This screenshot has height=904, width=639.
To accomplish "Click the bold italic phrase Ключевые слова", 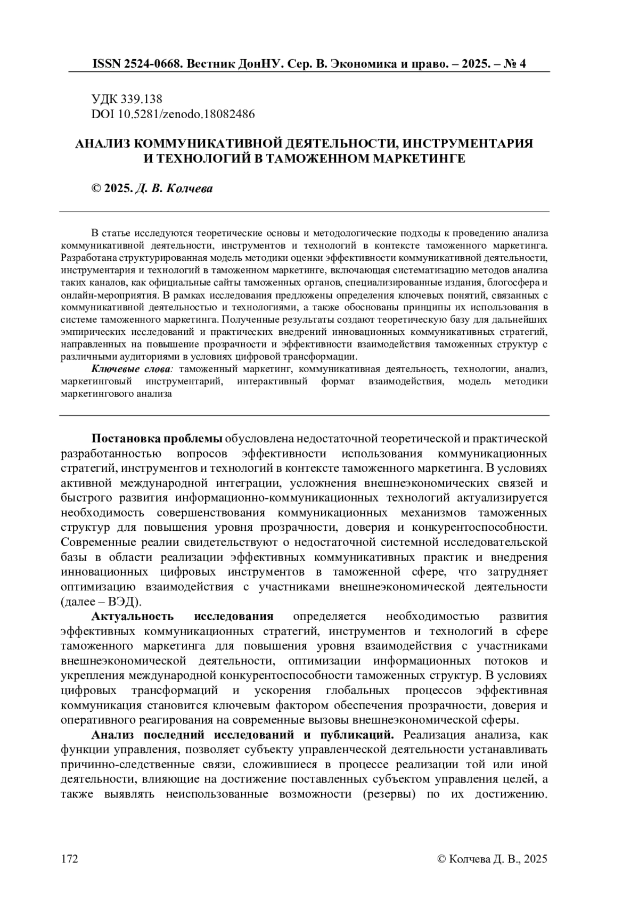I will click(132, 368).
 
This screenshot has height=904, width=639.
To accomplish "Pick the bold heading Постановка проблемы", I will click(157, 439).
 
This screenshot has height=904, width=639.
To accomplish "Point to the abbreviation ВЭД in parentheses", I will click(123, 602).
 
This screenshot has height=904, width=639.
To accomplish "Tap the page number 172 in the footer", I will click(70, 859).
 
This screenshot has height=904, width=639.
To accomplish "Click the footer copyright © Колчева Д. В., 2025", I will click(491, 859).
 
